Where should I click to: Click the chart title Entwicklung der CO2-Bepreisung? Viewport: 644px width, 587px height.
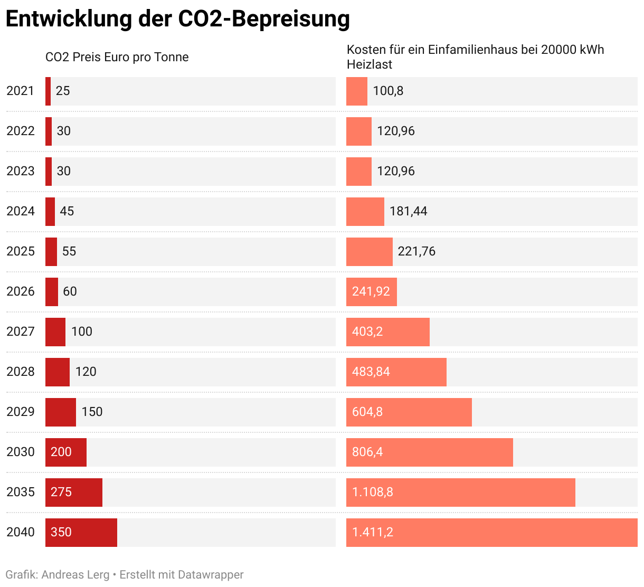[177, 19]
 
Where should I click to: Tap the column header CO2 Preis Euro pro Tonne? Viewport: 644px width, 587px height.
[117, 57]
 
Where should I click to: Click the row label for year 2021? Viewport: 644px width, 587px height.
[20, 91]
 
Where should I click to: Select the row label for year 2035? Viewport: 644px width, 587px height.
[20, 492]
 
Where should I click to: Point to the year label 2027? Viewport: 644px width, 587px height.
[20, 332]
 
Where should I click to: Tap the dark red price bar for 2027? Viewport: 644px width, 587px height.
[55, 332]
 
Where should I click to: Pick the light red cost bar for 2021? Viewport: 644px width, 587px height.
[357, 91]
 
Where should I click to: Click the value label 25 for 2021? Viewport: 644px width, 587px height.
[63, 91]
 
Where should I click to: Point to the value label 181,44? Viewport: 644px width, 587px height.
[408, 211]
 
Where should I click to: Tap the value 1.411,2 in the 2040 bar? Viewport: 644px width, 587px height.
[373, 532]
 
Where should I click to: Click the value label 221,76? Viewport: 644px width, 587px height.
[416, 251]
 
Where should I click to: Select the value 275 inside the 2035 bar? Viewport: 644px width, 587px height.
[61, 492]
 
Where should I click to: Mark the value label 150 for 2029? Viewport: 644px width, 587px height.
[92, 412]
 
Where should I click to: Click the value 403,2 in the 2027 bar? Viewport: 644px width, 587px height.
[367, 332]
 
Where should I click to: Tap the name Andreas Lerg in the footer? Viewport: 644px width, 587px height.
[75, 574]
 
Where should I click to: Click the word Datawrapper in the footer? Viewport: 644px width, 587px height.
[211, 574]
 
